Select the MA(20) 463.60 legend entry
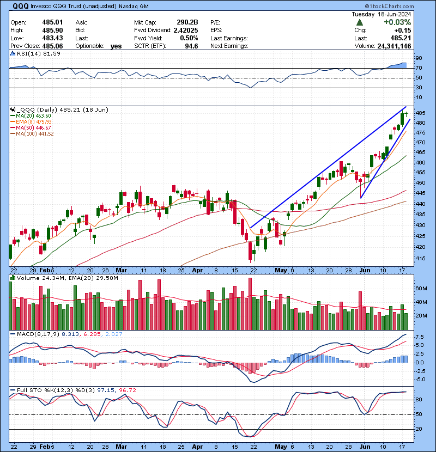click(x=34, y=115)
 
